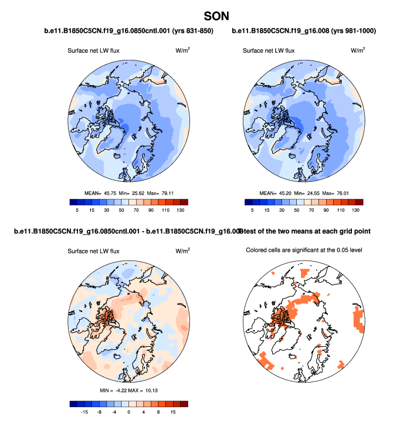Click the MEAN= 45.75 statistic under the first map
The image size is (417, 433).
click(x=102, y=192)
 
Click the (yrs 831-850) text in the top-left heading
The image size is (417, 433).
click(x=188, y=31)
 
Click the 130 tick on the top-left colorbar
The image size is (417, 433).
click(x=181, y=209)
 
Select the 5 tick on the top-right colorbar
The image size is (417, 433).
click(x=253, y=209)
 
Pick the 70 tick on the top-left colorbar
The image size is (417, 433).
click(x=137, y=209)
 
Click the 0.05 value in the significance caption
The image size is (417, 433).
click(x=337, y=251)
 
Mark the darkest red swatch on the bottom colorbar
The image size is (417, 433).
click(x=184, y=403)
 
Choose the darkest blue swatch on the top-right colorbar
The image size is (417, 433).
click(x=249, y=201)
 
